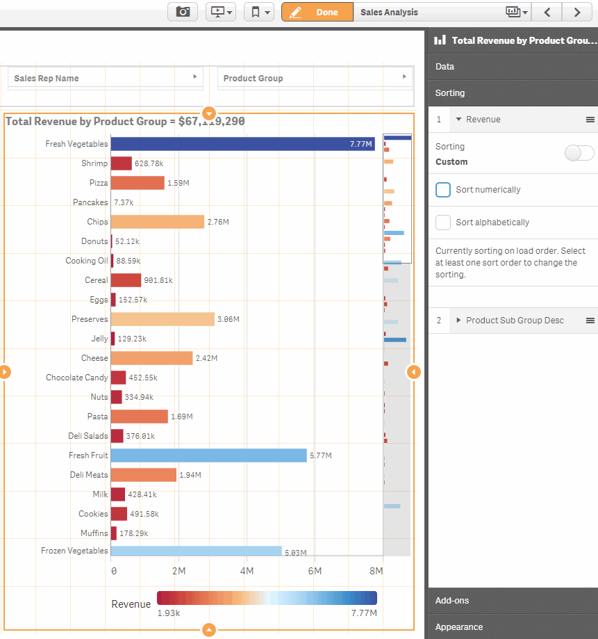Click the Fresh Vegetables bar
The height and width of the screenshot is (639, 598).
pos(242,144)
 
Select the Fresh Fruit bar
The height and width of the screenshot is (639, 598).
pos(208,455)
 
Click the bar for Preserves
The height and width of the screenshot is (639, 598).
pos(163,319)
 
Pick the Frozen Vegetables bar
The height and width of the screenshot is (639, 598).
pos(196,551)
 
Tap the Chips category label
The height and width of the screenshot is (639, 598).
pos(97,222)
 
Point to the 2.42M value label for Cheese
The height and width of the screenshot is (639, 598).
pos(206,359)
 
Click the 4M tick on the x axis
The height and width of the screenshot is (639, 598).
pos(247,571)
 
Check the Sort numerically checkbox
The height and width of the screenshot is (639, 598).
pos(443,190)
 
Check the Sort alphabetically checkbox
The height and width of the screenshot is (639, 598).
pos(443,223)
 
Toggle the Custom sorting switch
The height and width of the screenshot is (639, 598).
pos(579,154)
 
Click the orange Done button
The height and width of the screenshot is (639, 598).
pos(317,12)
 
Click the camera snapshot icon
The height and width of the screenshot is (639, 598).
pos(183,12)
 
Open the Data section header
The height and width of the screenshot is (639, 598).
pos(513,67)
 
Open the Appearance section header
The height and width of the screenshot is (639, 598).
pos(513,626)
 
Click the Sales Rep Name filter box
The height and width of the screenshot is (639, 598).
pos(105,78)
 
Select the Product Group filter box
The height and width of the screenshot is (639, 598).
pos(315,78)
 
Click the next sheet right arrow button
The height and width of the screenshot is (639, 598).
pos(576,12)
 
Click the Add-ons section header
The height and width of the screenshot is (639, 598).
pos(513,600)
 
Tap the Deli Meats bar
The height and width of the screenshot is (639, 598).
pos(143,475)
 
